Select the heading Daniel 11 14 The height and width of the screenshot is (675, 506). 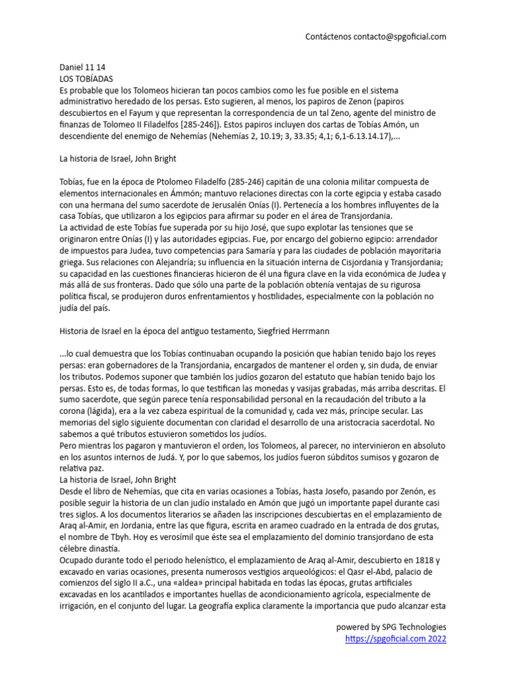pyautogui.click(x=82, y=67)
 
